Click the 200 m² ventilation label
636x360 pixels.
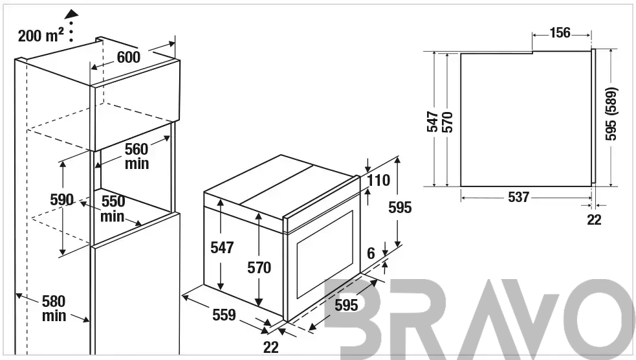click(41, 36)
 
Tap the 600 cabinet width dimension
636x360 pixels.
click(129, 57)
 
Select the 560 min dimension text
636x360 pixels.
click(137, 156)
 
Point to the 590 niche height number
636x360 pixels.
click(62, 199)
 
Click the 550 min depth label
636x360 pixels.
click(113, 208)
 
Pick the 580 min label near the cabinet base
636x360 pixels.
click(54, 308)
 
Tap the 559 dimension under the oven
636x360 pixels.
click(224, 315)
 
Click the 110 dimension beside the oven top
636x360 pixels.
click(378, 180)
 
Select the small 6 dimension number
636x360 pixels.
click(371, 253)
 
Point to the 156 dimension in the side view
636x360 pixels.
click(560, 33)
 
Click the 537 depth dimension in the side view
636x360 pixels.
click(518, 197)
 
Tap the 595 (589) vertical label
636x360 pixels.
click(611, 114)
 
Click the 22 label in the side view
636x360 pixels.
click(594, 219)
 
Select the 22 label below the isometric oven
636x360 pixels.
click(271, 348)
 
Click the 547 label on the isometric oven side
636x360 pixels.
click(222, 247)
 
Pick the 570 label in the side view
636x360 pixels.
click(447, 122)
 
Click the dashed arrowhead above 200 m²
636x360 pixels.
click(72, 14)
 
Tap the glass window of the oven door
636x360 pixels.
click(325, 254)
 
